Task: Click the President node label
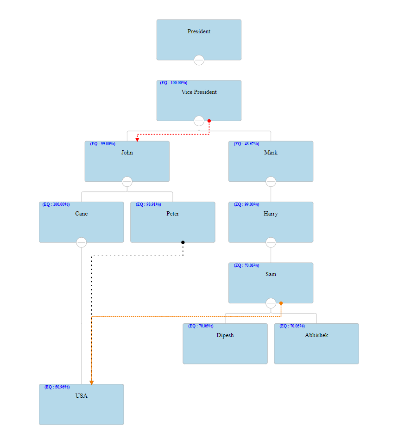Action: click(199, 31)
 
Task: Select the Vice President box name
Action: click(199, 92)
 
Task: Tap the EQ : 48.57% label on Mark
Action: click(246, 144)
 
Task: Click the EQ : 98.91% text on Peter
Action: click(148, 204)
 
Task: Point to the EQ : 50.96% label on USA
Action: click(57, 387)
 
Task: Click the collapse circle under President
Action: click(199, 60)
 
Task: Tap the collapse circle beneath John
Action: click(127, 182)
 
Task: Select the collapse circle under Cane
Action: click(82, 242)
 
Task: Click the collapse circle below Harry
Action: click(271, 242)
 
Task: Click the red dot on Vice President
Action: click(209, 121)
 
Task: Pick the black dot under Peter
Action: click(183, 242)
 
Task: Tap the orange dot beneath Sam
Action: click(281, 303)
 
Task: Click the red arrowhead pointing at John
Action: click(137, 139)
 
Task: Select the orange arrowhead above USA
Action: click(92, 382)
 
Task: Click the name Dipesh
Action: click(225, 335)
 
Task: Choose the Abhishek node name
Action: click(316, 335)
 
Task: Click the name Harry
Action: click(271, 214)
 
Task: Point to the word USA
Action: click(82, 396)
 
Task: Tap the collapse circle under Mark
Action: click(271, 182)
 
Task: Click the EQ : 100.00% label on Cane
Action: click(56, 204)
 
